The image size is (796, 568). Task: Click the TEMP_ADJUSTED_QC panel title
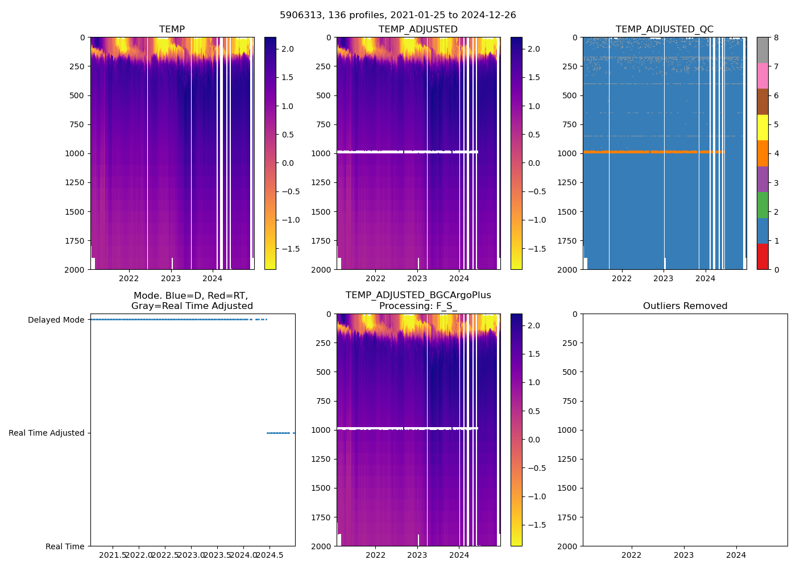pos(664,30)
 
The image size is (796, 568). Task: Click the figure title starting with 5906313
pos(397,15)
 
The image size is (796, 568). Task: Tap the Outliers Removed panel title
pos(685,306)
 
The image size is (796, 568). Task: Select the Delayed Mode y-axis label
pos(56,320)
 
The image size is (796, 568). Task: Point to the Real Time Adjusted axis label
pos(46,433)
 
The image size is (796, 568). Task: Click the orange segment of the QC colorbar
pos(762,153)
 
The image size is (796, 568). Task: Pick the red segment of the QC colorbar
pos(762,257)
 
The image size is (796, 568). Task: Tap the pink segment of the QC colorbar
pos(762,76)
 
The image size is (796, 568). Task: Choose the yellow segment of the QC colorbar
pos(762,128)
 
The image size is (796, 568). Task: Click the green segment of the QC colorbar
pos(762,205)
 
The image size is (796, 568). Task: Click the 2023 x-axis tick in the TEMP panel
pos(171,278)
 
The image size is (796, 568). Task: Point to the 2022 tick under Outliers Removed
pos(631,555)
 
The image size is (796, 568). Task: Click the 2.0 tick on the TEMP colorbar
pos(288,49)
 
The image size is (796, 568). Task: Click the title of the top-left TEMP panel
pos(172,30)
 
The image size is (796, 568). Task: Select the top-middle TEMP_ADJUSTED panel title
pos(418,30)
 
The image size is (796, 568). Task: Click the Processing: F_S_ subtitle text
pos(418,306)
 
